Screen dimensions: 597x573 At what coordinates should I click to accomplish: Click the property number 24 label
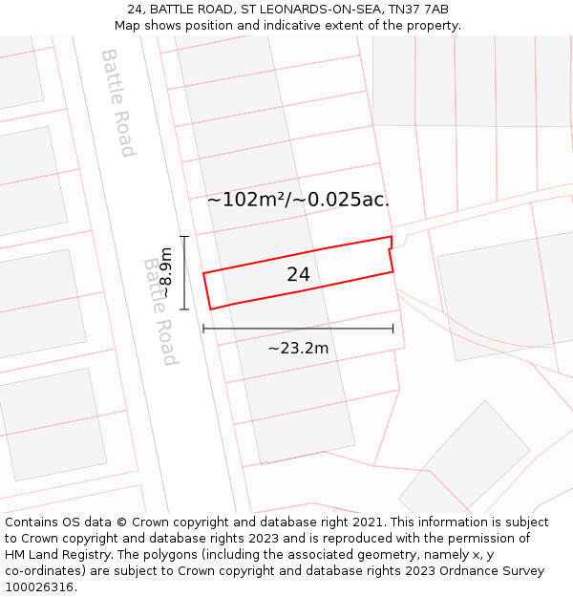298,275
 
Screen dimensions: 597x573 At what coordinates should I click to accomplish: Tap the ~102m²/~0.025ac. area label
298,200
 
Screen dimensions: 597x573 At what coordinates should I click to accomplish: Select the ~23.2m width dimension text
298,349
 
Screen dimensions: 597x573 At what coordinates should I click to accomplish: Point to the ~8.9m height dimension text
165,272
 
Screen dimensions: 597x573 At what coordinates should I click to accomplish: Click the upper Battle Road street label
117,102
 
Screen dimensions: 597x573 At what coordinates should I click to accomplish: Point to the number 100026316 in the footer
40,587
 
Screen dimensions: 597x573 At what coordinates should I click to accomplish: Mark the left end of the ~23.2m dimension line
203,329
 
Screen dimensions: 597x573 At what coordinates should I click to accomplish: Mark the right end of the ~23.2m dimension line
393,329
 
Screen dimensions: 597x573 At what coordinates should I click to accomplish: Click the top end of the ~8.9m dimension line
184,236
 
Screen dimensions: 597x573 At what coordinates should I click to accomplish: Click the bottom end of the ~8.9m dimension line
184,309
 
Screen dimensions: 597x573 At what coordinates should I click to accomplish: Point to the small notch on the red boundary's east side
391,250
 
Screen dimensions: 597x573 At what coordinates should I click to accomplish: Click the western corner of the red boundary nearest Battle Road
203,274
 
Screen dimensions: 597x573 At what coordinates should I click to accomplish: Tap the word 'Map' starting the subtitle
128,25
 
